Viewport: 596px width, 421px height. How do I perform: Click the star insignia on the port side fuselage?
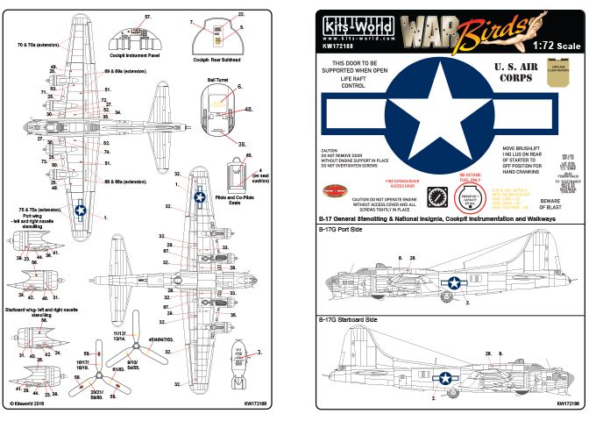tap(454, 282)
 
